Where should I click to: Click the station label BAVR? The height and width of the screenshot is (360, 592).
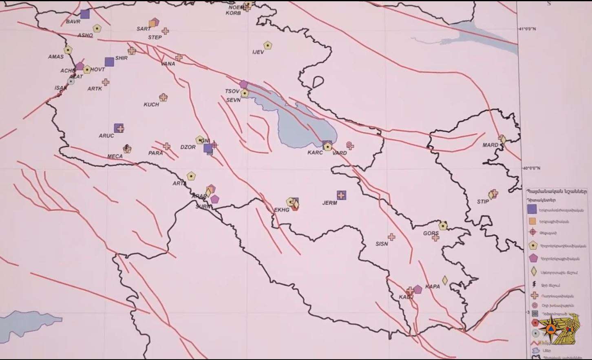[73, 22]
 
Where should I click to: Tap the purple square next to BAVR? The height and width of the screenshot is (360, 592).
[85, 14]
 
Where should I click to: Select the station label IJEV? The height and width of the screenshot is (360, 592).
[258, 52]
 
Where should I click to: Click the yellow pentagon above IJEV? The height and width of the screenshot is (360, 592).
[267, 45]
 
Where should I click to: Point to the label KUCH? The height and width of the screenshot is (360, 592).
[151, 104]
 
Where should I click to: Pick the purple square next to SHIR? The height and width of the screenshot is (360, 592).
[109, 62]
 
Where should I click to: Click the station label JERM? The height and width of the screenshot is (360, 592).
[329, 203]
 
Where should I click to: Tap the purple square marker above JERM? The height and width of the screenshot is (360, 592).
[341, 195]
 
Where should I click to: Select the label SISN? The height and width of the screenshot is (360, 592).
[382, 244]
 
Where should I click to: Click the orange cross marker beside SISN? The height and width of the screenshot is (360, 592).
[391, 237]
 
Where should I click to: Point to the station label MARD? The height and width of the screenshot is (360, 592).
[490, 145]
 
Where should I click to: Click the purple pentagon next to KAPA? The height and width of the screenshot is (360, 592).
[417, 289]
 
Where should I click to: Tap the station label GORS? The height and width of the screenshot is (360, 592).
[431, 234]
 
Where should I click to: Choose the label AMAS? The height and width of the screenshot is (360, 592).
[56, 57]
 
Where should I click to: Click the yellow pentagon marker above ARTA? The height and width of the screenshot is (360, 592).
[191, 176]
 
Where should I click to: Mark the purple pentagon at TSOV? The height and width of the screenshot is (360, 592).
[243, 84]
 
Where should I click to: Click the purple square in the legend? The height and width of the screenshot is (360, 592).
[532, 209]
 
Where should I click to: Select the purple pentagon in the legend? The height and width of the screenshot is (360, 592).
[532, 258]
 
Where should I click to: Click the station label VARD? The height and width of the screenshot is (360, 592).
[340, 153]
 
